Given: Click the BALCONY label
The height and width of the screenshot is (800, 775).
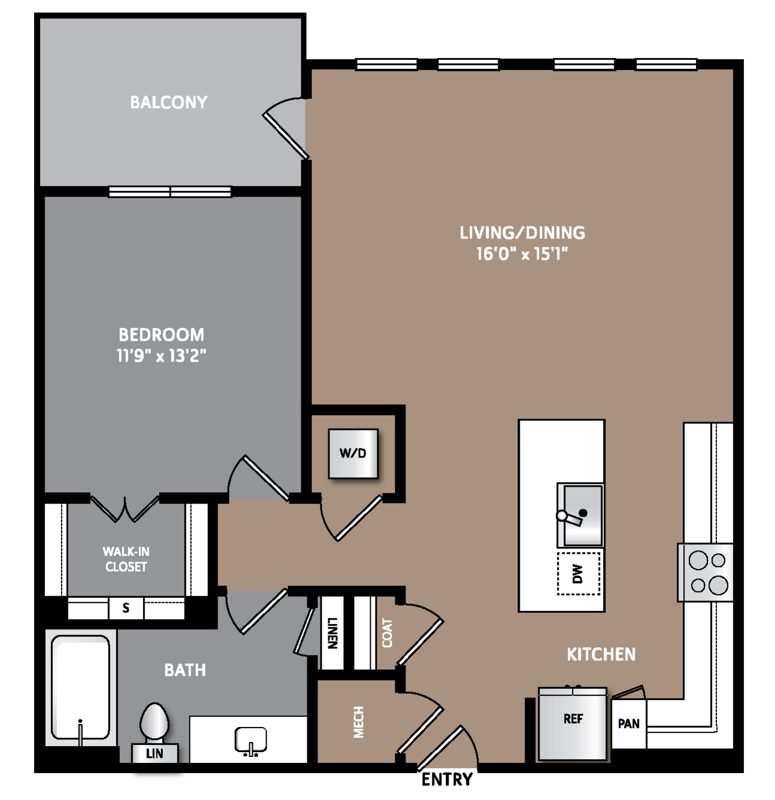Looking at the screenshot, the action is click(x=168, y=102).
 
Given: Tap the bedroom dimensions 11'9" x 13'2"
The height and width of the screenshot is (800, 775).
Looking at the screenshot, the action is click(x=162, y=355).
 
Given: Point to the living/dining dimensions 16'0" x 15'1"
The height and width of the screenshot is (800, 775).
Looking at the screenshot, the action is click(x=522, y=254).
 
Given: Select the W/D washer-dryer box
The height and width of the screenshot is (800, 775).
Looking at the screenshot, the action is click(x=353, y=453).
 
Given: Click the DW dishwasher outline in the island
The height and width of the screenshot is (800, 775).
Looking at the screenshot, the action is click(x=579, y=574).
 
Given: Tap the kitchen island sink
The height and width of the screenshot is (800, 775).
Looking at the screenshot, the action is click(x=580, y=515).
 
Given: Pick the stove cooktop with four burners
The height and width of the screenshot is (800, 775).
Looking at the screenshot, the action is click(x=706, y=572).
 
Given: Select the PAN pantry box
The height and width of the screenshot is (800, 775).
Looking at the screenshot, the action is click(x=629, y=723).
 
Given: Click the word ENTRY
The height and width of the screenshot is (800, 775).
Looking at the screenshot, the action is click(x=447, y=780).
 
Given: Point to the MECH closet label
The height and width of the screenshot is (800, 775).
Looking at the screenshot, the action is click(x=359, y=722).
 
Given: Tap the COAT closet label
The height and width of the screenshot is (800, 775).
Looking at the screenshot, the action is click(x=387, y=633).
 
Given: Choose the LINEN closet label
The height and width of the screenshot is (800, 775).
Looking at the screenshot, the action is click(x=332, y=633).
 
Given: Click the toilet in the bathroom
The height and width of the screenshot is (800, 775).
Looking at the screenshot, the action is click(x=154, y=722).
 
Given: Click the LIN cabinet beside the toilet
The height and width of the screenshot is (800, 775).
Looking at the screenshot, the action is click(x=155, y=753).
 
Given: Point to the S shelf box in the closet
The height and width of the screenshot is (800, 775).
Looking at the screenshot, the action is click(x=126, y=608).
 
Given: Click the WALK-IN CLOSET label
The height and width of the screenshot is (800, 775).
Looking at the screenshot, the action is click(x=126, y=559).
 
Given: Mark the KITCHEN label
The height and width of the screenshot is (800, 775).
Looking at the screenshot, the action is click(x=601, y=654).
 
